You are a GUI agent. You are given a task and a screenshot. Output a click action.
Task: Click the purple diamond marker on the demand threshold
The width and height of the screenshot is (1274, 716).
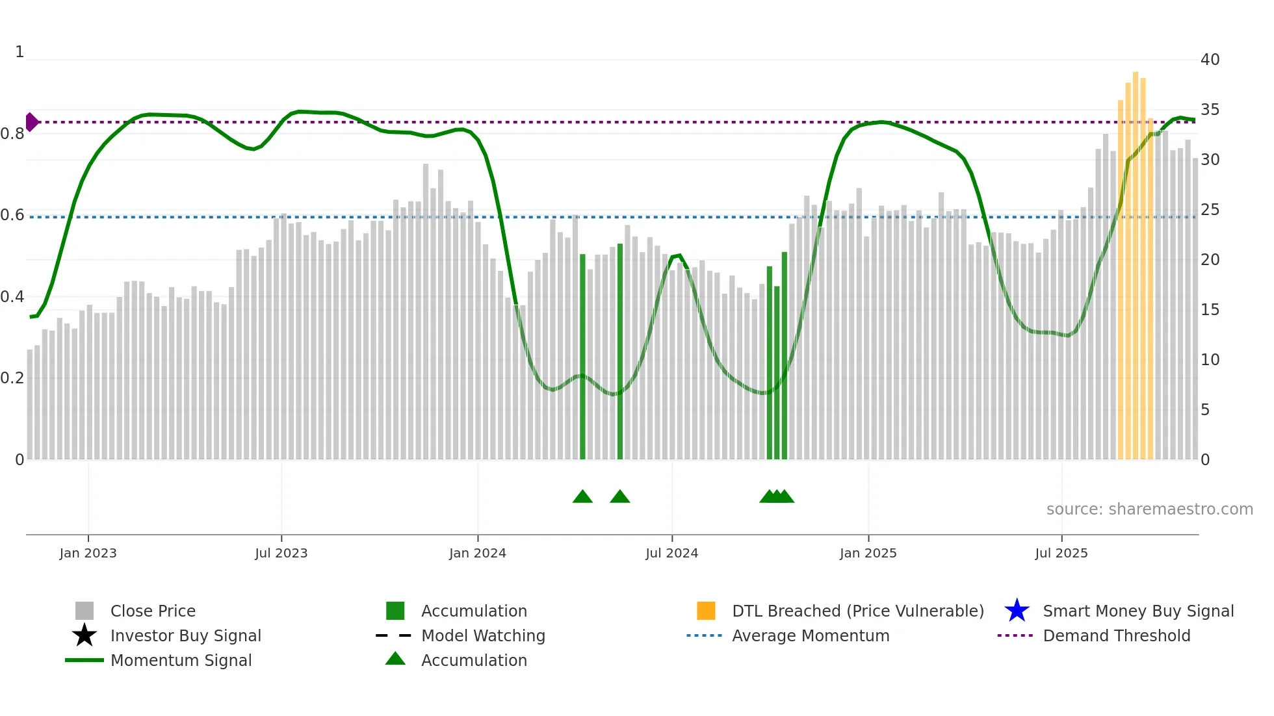(x=31, y=122)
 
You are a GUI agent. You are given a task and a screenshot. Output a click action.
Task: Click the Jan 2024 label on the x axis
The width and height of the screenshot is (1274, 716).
(x=477, y=553)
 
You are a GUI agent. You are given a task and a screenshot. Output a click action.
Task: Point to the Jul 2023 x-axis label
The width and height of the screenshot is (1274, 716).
(x=281, y=553)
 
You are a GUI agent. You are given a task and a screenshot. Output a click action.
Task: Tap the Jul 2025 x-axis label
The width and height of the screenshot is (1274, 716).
(x=1061, y=553)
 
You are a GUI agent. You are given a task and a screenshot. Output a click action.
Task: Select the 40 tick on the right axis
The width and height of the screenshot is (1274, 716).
(x=1210, y=60)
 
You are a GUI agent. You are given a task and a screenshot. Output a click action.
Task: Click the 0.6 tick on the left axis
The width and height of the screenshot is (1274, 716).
(x=12, y=215)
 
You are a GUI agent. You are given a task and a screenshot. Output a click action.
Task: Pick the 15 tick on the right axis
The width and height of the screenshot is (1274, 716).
(x=1210, y=310)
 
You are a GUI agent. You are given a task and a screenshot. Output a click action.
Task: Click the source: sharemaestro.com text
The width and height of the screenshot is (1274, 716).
(x=1149, y=509)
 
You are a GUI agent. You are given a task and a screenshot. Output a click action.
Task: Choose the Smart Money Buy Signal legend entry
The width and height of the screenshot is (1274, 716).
(x=1137, y=611)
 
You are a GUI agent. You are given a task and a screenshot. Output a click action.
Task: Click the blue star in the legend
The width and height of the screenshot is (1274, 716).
(x=1017, y=611)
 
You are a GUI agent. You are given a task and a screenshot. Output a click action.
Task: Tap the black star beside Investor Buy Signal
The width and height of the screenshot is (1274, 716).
(x=84, y=635)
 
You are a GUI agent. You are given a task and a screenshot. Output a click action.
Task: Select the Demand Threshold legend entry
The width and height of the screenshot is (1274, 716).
(x=1116, y=635)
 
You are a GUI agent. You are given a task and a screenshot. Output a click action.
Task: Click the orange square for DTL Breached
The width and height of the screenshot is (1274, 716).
(x=706, y=611)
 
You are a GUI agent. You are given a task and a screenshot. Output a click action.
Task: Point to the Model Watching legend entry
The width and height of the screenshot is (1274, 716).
(x=482, y=635)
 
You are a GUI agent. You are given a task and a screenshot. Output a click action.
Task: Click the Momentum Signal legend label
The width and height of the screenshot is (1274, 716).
(x=181, y=660)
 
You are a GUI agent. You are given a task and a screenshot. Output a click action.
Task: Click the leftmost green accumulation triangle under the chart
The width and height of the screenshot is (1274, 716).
(x=582, y=497)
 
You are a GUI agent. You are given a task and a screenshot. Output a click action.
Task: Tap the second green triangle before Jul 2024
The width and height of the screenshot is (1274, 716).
(x=619, y=497)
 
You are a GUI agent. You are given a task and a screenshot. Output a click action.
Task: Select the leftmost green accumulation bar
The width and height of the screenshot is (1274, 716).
(x=582, y=357)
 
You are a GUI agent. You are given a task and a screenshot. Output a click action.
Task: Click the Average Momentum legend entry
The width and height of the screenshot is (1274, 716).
(x=810, y=635)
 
